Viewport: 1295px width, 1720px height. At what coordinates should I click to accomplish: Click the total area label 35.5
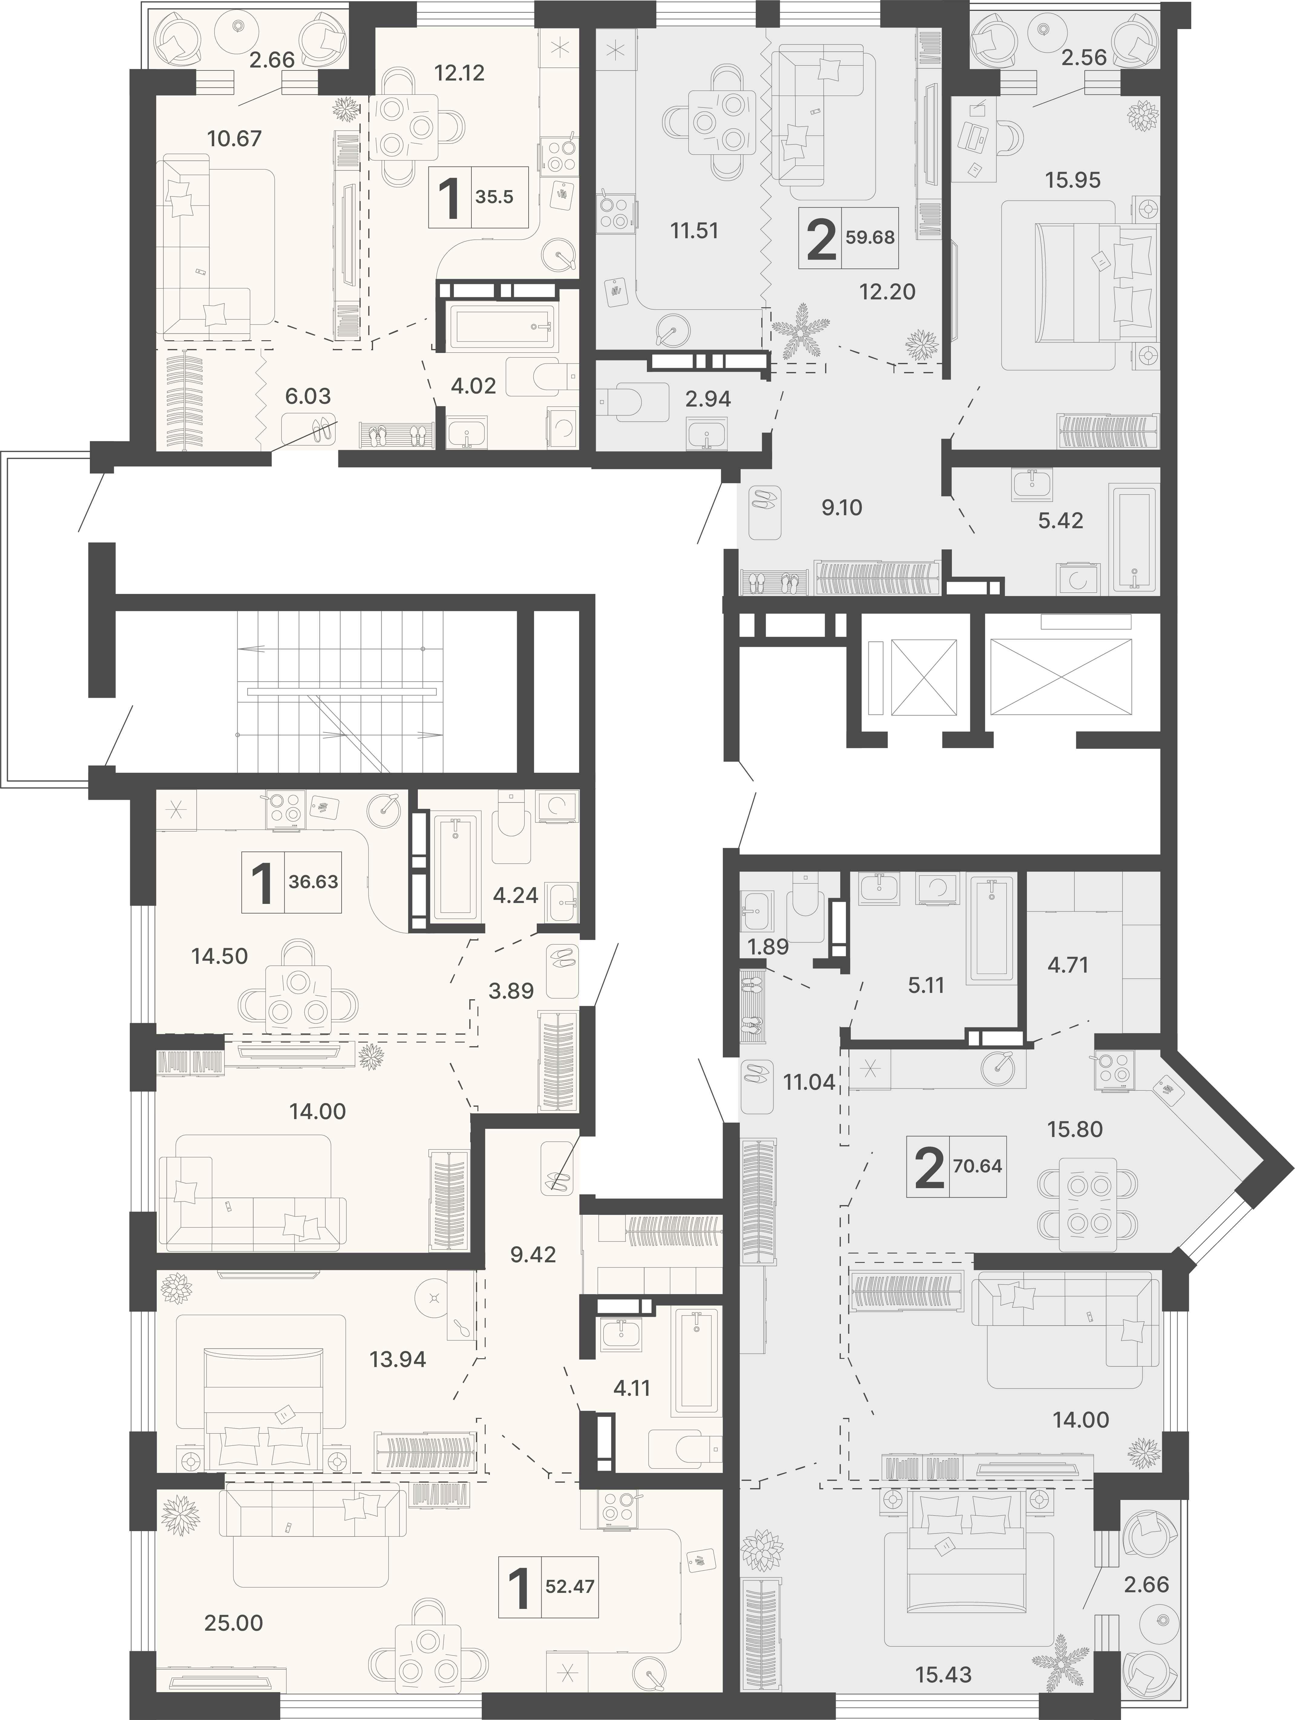[494, 197]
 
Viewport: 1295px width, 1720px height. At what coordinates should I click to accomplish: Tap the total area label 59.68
[870, 237]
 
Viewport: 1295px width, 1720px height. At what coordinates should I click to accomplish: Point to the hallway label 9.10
[842, 508]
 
